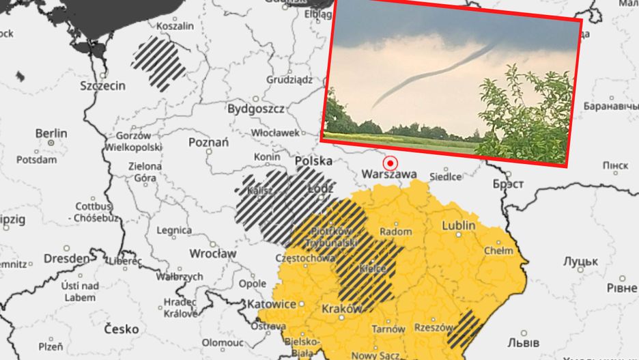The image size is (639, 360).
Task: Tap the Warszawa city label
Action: tap(389, 175)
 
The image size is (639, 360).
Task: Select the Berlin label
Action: tap(51, 133)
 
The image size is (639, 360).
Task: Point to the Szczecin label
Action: tap(102, 86)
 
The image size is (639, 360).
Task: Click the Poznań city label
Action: tap(208, 142)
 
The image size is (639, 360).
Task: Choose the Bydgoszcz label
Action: tap(256, 109)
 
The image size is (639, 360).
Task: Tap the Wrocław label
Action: tap(212, 253)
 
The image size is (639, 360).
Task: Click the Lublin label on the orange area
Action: tap(459, 225)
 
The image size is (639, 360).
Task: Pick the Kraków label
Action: tap(341, 309)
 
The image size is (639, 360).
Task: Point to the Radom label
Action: tap(395, 232)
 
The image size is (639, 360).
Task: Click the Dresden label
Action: tap(66, 259)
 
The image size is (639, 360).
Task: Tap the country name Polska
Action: tap(313, 161)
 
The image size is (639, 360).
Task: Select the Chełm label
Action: tap(498, 251)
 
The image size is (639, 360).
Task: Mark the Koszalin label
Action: tap(176, 26)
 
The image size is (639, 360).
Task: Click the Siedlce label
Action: tap(445, 177)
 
